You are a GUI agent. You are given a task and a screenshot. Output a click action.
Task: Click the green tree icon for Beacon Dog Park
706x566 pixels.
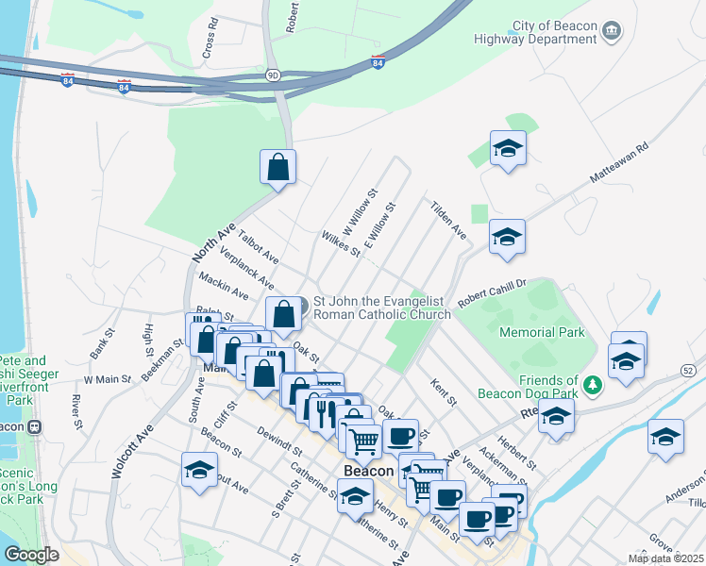(x=592, y=384)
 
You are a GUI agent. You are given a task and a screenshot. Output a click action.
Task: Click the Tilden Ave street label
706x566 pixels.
(x=447, y=219)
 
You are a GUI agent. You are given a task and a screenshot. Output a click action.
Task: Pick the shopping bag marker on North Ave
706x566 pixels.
(x=278, y=167)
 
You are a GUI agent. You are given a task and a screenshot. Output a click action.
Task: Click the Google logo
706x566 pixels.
(x=31, y=555)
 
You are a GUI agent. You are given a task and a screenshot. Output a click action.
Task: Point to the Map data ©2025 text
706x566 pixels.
(x=664, y=558)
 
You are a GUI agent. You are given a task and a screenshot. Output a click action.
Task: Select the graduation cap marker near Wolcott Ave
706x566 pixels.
(x=200, y=470)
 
